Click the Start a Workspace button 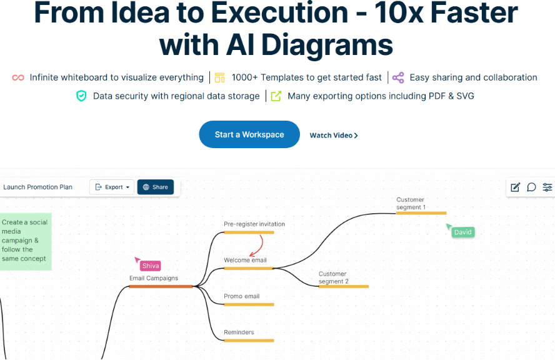(249, 134)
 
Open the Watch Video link (334, 135)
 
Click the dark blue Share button (155, 187)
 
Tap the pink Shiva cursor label (151, 266)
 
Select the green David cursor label (463, 232)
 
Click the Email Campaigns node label (154, 278)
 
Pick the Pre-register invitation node (254, 224)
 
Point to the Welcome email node (245, 260)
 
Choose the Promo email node (241, 296)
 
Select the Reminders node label (239, 332)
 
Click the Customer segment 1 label (411, 203)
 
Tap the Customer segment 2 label (333, 277)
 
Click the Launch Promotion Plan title (38, 187)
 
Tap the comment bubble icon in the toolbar (531, 187)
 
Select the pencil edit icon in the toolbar (515, 187)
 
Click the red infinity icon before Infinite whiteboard (18, 77)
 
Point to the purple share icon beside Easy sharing (398, 77)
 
